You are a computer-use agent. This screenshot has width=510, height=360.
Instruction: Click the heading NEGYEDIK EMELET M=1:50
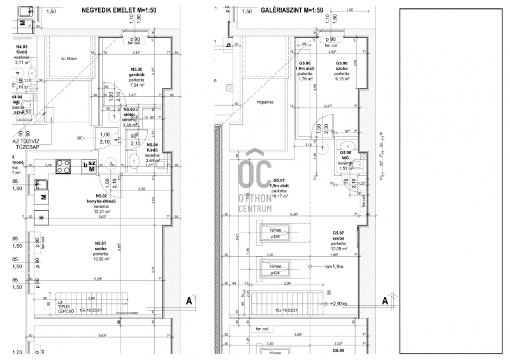point(120,10)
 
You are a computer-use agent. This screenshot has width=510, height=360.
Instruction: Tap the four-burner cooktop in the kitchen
point(64,166)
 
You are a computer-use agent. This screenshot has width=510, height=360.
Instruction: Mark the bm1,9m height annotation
point(334,268)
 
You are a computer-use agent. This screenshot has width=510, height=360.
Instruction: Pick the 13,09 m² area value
point(338,248)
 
